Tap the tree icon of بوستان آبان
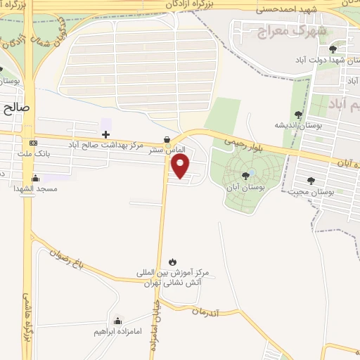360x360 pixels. click(x=245, y=175)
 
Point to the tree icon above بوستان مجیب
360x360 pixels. click(x=310, y=181)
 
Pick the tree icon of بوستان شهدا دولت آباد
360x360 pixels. click(x=333, y=49)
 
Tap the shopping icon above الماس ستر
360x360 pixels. click(x=167, y=139)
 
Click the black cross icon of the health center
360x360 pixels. click(x=105, y=134)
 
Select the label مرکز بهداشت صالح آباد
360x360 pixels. click(x=105, y=144)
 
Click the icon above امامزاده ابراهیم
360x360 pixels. click(x=117, y=321)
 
